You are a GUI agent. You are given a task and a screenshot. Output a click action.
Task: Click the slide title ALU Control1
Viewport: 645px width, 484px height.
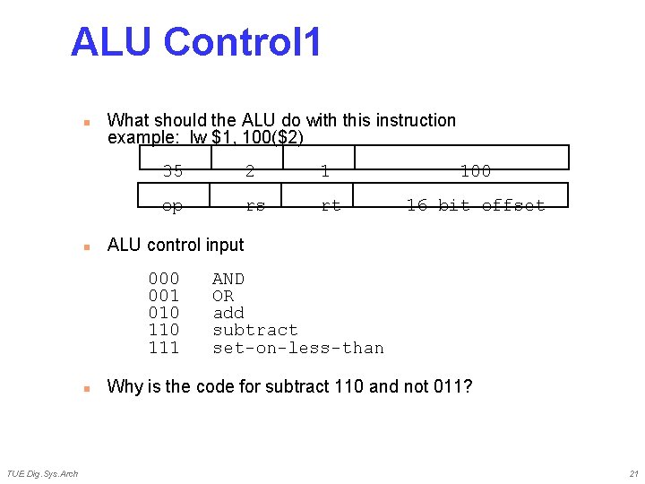pos(195,43)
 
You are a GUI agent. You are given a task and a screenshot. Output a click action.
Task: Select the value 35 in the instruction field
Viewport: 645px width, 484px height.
pos(173,171)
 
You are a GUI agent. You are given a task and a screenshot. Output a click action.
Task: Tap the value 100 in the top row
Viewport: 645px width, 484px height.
pos(475,171)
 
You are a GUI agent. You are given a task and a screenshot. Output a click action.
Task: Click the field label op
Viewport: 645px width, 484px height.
pos(173,206)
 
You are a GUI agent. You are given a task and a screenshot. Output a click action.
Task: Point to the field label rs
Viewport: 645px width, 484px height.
pos(255,206)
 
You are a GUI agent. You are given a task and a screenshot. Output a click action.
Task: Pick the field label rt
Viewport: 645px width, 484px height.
pos(331,206)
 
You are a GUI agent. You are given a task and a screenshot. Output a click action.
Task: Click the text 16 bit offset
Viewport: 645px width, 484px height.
pos(475,206)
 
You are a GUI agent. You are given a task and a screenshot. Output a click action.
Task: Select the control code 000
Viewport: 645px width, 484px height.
pos(164,279)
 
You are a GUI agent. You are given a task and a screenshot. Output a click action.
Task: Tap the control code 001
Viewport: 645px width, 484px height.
pos(164,296)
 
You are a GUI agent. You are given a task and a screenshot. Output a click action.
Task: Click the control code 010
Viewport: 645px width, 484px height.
pos(164,313)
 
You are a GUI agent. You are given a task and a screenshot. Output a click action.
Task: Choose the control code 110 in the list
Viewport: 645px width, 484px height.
pos(164,330)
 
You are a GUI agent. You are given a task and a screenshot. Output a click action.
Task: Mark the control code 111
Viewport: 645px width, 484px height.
pos(164,348)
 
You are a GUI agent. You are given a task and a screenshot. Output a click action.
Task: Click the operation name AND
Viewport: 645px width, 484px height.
pos(228,279)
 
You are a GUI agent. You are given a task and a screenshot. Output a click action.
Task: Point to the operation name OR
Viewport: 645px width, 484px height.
pos(223,296)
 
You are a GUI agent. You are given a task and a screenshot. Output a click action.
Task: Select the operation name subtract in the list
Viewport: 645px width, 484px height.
pos(254,330)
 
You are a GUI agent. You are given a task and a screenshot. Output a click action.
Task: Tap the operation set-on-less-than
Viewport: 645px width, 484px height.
pos(297,348)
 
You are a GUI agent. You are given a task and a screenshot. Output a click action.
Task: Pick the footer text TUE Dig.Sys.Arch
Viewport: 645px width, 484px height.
pos(42,473)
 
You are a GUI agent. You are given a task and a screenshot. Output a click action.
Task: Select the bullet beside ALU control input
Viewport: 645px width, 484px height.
pos(86,246)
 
